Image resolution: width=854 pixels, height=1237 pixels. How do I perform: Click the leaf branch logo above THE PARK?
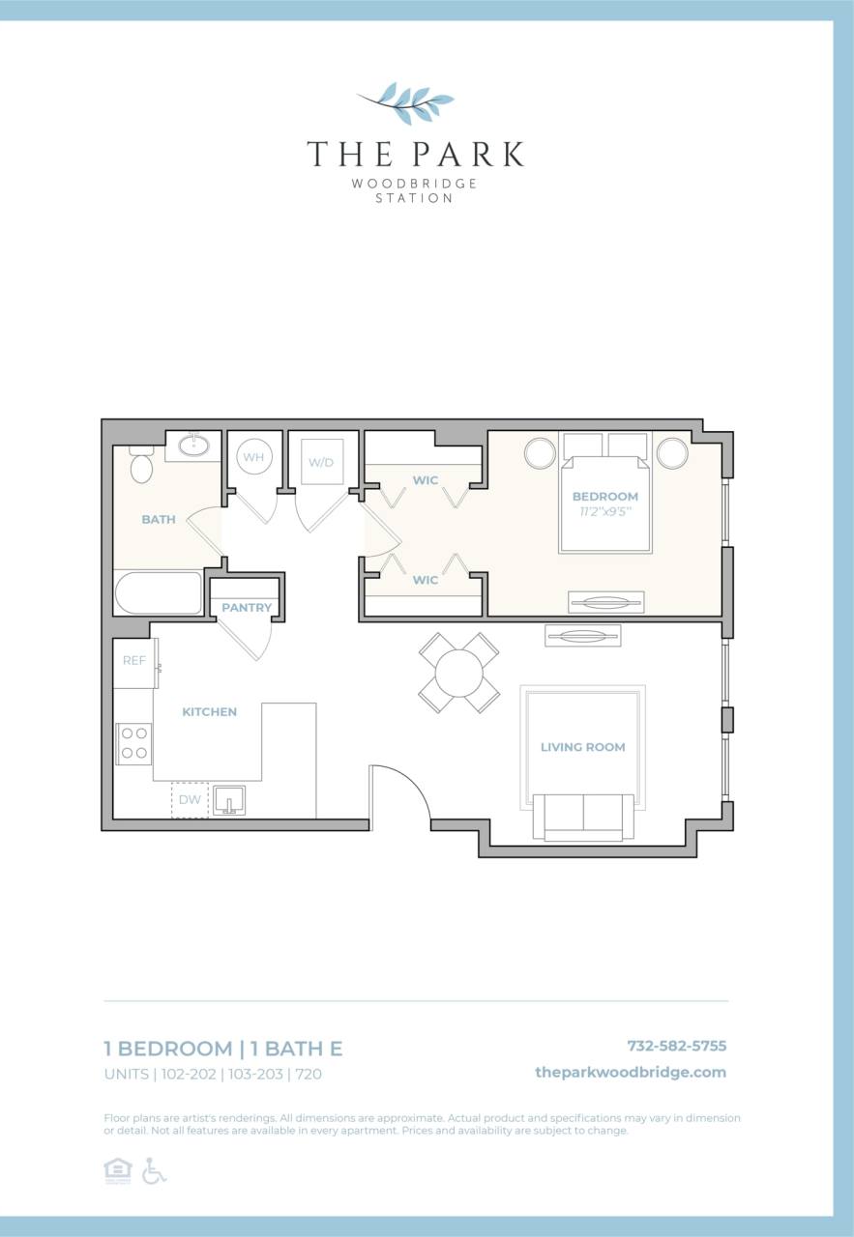pyautogui.click(x=407, y=100)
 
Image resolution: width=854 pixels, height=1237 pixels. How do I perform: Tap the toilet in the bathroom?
pyautogui.click(x=142, y=465)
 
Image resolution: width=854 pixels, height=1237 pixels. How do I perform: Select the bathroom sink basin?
pyautogui.click(x=196, y=445)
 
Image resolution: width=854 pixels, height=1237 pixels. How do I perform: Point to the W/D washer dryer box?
pyautogui.click(x=321, y=462)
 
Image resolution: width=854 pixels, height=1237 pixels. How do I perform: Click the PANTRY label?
pyautogui.click(x=247, y=608)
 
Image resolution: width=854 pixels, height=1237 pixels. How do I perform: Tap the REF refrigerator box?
pyautogui.click(x=134, y=661)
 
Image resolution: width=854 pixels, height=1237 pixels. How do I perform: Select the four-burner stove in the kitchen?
pyautogui.click(x=134, y=743)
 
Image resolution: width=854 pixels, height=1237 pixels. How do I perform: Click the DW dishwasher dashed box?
pyautogui.click(x=191, y=800)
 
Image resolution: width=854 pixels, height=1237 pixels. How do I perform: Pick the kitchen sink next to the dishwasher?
pyautogui.click(x=229, y=800)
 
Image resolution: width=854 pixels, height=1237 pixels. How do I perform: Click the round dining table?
pyautogui.click(x=459, y=673)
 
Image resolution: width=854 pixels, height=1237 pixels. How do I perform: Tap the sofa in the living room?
pyautogui.click(x=583, y=817)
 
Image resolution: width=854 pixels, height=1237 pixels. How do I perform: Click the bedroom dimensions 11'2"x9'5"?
pyautogui.click(x=604, y=510)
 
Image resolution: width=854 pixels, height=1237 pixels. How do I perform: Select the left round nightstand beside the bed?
pyautogui.click(x=541, y=453)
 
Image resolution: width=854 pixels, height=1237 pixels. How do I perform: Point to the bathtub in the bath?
pyautogui.click(x=158, y=592)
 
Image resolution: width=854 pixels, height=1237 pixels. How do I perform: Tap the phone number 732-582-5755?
pyautogui.click(x=676, y=1046)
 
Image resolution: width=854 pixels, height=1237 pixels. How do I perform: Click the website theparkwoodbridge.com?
pyautogui.click(x=630, y=1072)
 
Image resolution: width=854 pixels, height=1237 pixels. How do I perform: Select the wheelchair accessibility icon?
pyautogui.click(x=154, y=1170)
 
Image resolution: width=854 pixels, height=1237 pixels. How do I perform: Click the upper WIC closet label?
pyautogui.click(x=426, y=480)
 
